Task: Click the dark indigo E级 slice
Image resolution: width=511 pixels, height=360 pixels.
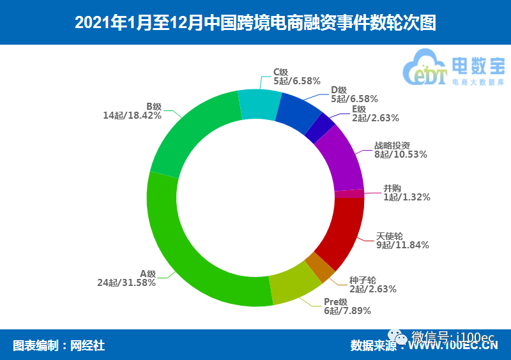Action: pos(319,129)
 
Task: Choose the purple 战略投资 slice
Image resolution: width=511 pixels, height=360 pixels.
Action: pos(340,160)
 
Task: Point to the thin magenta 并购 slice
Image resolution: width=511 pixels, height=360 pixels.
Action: pos(349,194)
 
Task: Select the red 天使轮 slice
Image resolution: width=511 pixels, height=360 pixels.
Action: pos(339,230)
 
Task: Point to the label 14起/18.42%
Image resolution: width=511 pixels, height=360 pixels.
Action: pos(132,116)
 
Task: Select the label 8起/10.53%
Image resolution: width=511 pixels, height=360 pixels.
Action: pos(400,154)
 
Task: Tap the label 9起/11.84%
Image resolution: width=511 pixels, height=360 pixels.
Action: pos(402,244)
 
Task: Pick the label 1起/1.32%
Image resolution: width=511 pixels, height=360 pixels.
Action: pos(406,197)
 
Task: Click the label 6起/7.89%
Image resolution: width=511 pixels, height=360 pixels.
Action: pos(347,311)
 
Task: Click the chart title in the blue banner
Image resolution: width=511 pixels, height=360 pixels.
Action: pos(256,23)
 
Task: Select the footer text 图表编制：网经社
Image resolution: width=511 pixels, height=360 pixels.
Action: pos(59,345)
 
